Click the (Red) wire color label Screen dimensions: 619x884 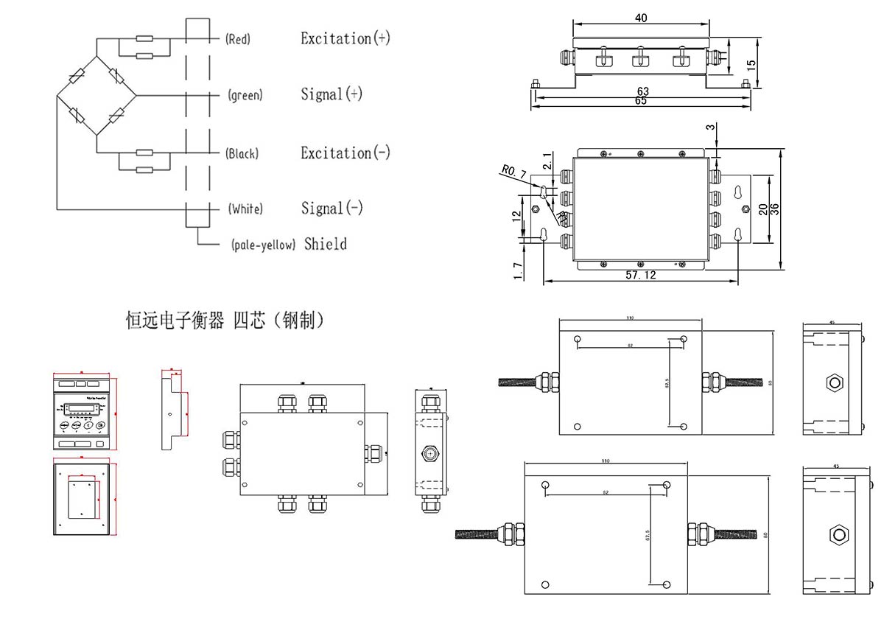click(x=238, y=40)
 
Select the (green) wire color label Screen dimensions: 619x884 click(x=245, y=95)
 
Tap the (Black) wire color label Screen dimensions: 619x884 click(x=242, y=154)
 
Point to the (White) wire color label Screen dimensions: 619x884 click(x=245, y=209)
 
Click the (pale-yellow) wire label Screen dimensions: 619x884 click(x=263, y=245)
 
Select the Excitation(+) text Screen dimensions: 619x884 click(x=345, y=38)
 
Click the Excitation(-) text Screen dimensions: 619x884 click(x=345, y=153)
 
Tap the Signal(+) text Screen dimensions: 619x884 click(x=331, y=94)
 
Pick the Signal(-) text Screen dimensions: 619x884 click(x=331, y=209)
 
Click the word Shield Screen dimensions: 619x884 click(x=325, y=244)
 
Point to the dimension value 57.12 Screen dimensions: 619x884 click(x=640, y=275)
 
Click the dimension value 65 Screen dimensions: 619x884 click(x=640, y=102)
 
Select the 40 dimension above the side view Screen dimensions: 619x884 click(x=641, y=18)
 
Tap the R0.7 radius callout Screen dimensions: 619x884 click(x=513, y=172)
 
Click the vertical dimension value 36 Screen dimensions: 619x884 click(x=774, y=209)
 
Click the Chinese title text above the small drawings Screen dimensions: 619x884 click(x=225, y=321)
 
